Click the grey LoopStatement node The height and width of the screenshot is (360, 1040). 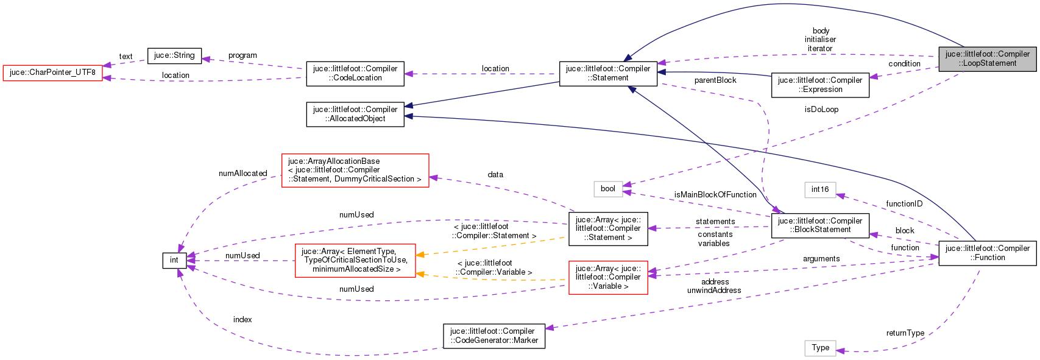coord(987,58)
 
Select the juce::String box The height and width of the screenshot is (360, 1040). coord(174,55)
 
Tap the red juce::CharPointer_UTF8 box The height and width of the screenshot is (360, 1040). coord(52,72)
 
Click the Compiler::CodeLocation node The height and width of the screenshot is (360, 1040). coord(355,73)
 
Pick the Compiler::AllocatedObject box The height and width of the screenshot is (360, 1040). coord(355,114)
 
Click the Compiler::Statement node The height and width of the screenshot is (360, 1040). coord(608,73)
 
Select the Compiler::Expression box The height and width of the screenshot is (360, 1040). coord(820,85)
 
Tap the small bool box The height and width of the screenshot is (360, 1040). coord(608,189)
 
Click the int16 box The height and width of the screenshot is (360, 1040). coord(820,189)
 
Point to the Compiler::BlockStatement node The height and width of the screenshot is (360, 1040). coord(820,225)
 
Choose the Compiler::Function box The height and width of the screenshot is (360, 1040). coord(987,253)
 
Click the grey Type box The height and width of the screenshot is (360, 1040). coord(820,348)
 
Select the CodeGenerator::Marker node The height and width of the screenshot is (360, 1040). coord(493,336)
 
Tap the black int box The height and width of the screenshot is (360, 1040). coord(174,260)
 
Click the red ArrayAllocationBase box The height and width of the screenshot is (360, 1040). coord(355,170)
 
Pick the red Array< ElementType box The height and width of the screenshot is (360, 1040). coord(355,260)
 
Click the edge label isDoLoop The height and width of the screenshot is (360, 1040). coord(821,110)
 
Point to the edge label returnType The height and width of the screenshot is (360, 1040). coord(905,333)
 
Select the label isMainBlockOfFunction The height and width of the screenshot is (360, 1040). coord(715,195)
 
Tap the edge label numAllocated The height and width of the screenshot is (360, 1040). coord(242,174)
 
